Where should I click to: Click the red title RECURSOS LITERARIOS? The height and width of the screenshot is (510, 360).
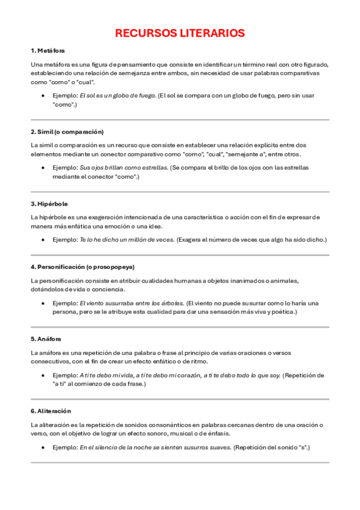(x=180, y=33)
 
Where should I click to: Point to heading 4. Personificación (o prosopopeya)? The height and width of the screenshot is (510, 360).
(x=82, y=266)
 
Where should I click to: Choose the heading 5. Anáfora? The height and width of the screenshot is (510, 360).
(x=46, y=339)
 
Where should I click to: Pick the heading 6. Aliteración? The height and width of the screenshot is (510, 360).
(x=50, y=411)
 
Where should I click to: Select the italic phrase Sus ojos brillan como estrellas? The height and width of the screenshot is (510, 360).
(x=124, y=167)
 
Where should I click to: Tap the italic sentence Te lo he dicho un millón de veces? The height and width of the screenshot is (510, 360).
(x=127, y=239)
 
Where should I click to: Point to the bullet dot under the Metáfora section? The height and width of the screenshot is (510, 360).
(x=43, y=96)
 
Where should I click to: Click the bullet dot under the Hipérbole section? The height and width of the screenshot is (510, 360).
(x=43, y=240)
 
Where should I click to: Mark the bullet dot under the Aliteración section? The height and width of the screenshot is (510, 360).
(x=43, y=448)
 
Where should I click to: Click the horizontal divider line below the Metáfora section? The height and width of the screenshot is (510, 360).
(x=180, y=120)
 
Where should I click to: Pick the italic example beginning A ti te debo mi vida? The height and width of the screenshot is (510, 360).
(x=180, y=375)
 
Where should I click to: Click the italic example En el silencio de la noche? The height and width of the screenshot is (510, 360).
(x=155, y=447)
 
